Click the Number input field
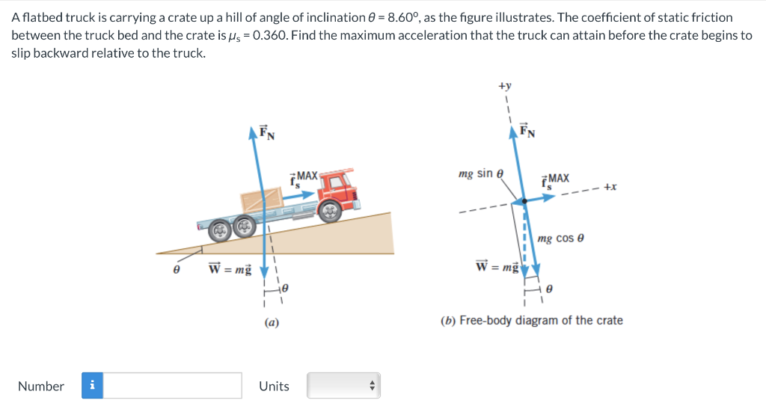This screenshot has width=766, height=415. pos(173,386)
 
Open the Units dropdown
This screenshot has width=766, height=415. pos(343,386)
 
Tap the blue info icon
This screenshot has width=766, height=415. pos(93,386)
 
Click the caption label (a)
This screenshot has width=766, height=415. pos(272,323)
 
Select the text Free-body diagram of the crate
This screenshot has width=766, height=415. pos(541,321)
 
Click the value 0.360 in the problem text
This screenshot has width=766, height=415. pos(264,36)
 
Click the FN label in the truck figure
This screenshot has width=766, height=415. pos(266,132)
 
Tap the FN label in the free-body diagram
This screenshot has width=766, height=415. pos(527,132)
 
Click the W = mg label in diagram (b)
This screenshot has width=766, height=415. pos(497,265)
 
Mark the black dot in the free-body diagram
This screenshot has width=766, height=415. pos(524,200)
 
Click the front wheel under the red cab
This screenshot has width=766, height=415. pos(329,212)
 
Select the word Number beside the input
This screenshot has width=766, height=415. pos(41,386)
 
